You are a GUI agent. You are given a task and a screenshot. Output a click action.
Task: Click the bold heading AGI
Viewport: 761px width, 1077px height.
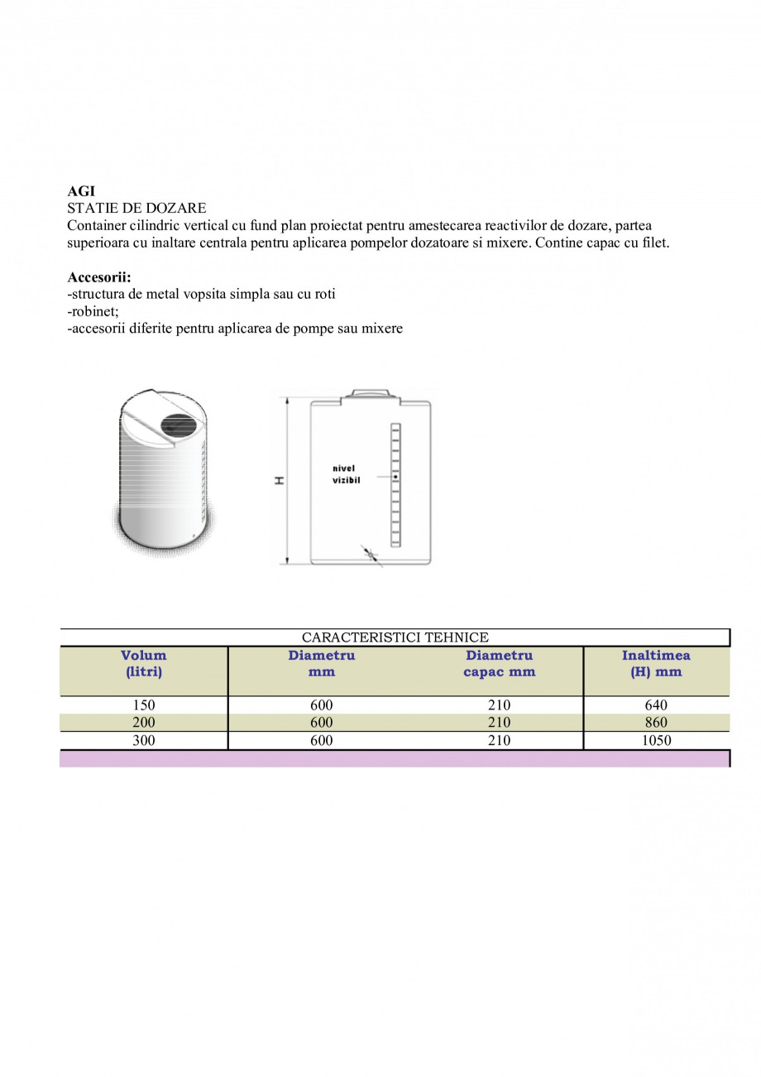coord(81,191)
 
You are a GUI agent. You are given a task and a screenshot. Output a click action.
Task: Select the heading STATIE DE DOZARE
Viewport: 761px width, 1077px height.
coord(136,208)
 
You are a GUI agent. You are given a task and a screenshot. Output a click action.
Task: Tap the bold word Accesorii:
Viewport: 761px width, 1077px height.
coord(99,277)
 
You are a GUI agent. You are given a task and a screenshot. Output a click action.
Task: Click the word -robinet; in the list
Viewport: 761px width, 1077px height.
coord(93,311)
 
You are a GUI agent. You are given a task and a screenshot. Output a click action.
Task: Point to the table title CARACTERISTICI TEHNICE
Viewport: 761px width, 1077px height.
coord(395,637)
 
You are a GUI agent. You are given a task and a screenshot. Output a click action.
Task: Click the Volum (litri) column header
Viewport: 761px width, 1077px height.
coord(144,664)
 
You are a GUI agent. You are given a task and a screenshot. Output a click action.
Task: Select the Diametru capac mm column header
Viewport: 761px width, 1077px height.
coord(499,664)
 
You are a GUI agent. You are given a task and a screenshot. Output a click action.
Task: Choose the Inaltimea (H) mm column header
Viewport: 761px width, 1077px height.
coord(656,664)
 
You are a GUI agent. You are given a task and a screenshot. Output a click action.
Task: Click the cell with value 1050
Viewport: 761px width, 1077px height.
coord(656,741)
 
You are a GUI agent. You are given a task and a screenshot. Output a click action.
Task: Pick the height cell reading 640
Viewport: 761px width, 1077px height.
coord(656,705)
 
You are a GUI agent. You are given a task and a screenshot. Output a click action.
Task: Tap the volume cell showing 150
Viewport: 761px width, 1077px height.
coord(144,705)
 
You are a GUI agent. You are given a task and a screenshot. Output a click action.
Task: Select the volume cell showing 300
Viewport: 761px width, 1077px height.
coord(144,741)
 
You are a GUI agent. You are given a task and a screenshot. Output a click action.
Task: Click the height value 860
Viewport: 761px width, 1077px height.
coord(656,723)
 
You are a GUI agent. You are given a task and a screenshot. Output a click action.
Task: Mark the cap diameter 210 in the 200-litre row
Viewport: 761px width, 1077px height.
coord(499,723)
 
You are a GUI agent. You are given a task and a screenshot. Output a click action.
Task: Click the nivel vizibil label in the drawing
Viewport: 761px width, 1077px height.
coord(344,474)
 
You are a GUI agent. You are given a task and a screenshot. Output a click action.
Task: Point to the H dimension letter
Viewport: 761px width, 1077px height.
coord(280,480)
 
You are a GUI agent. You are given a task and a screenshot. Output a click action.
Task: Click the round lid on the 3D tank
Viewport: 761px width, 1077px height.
coord(178,426)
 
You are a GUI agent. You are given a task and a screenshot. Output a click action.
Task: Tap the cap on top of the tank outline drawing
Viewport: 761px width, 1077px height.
coord(370,394)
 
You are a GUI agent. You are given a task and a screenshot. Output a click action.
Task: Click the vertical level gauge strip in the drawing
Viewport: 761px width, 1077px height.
coord(395,484)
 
